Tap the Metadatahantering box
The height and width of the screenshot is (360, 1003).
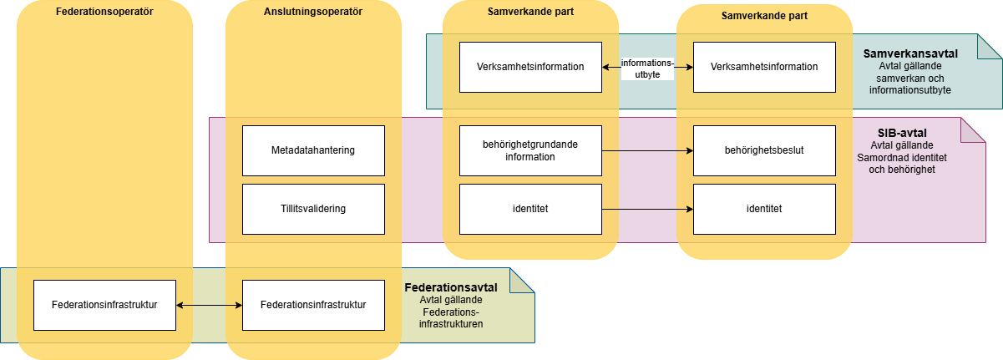(313, 150)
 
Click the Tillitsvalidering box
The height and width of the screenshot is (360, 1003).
(313, 209)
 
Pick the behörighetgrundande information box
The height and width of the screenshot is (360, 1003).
(530, 150)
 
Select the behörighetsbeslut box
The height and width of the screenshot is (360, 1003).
(764, 150)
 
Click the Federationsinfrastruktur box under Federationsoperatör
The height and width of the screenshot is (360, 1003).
(104, 305)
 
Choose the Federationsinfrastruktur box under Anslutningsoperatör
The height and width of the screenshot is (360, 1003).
(313, 305)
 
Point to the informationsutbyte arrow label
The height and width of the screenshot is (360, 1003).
(647, 68)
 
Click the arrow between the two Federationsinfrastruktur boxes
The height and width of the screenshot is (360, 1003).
(209, 306)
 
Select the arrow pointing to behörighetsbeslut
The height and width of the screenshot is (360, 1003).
(647, 151)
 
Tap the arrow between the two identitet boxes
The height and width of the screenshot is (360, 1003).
(647, 210)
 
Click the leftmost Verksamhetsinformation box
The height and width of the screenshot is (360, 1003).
(530, 67)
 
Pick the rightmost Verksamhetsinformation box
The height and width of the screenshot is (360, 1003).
(764, 67)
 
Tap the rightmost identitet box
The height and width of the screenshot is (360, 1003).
(764, 209)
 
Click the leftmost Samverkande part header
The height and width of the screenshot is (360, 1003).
(530, 13)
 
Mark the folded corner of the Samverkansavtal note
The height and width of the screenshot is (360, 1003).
(990, 47)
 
